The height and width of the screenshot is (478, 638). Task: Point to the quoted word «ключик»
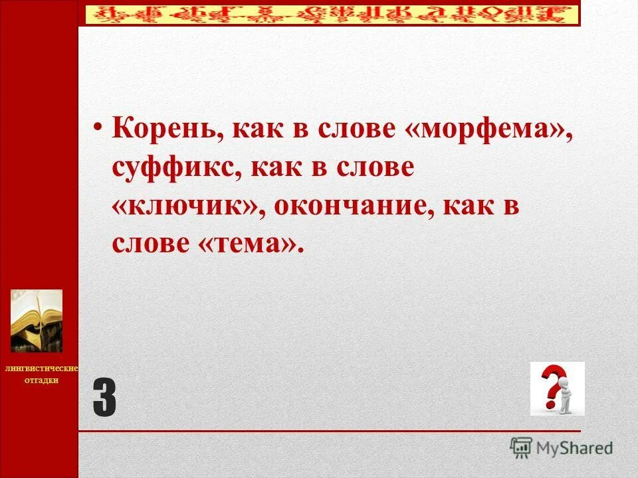pos(184,207)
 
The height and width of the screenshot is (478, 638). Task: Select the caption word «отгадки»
pos(42,380)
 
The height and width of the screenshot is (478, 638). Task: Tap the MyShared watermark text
pos(574,448)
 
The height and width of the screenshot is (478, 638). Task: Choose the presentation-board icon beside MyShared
pos(521,447)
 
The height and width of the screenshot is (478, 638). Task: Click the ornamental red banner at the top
pos(329,13)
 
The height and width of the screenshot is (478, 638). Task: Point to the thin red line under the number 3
pos(329,431)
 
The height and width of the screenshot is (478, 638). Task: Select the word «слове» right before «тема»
pos(150,245)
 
